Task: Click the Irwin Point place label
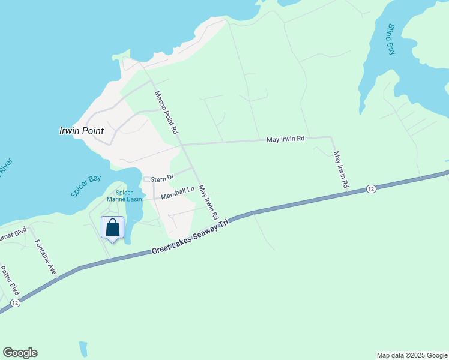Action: click(82, 131)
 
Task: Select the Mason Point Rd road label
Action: click(166, 112)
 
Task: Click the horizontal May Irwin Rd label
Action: click(286, 139)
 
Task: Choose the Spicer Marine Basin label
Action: click(124, 196)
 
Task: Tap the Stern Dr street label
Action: click(161, 178)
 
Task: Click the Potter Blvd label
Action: click(10, 281)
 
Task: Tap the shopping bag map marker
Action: click(112, 228)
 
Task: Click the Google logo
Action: click(20, 353)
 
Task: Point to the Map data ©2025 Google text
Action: click(412, 355)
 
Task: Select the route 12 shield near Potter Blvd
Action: click(16, 303)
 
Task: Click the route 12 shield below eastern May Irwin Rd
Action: click(371, 189)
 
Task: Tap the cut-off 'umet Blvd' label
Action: click(13, 231)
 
